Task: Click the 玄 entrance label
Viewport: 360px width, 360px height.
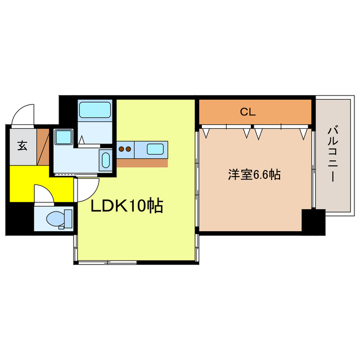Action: coord(22,146)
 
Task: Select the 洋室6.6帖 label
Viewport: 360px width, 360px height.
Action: coord(254,174)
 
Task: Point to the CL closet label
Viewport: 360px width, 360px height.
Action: coord(248,112)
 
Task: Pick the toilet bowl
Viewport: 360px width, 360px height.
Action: coord(56,218)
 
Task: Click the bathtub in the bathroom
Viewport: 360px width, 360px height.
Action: coord(95,110)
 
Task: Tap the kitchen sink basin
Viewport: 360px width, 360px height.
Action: coord(156,149)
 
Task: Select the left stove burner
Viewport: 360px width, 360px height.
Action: coord(122,149)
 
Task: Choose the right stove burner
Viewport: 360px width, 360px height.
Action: coord(129,149)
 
